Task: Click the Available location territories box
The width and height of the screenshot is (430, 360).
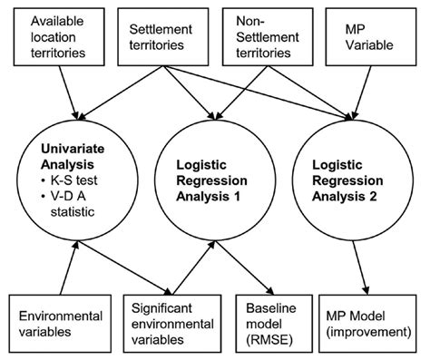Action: (53, 37)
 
